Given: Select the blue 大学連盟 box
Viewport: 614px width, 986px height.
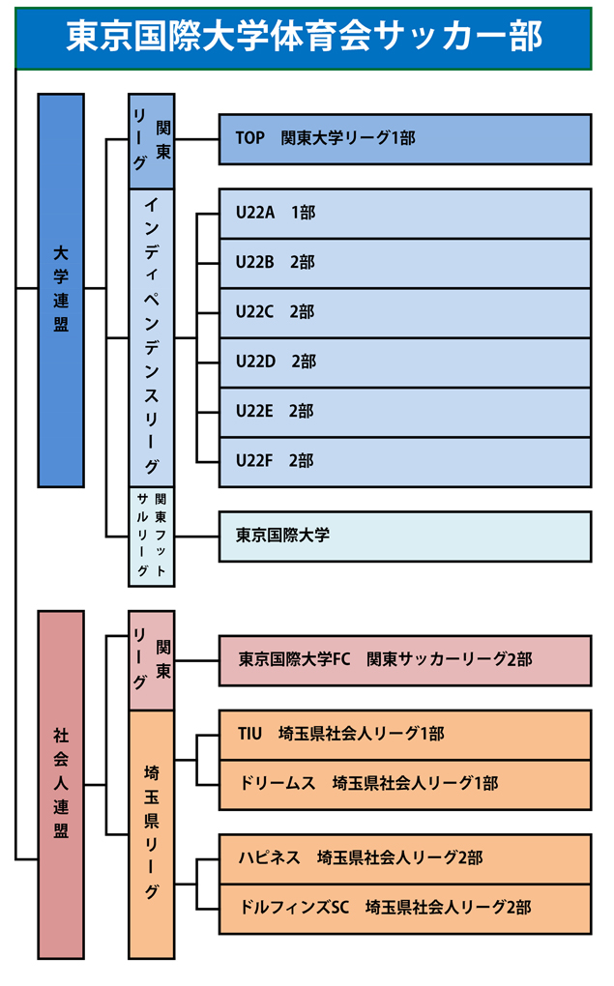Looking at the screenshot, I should tap(61, 290).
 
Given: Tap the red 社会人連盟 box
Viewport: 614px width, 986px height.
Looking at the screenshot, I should tap(61, 783).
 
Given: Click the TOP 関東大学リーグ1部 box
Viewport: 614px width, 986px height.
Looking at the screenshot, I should tap(404, 138).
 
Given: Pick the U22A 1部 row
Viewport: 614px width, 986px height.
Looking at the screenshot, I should tap(404, 213).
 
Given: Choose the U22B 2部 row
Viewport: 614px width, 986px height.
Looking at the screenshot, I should tap(404, 263).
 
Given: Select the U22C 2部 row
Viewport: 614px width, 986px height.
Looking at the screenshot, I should tap(404, 312).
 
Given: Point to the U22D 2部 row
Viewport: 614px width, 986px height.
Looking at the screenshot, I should tap(404, 362).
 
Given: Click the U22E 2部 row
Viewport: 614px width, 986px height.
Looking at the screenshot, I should tap(404, 411).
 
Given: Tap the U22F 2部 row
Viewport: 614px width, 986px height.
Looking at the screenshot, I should tap(404, 461).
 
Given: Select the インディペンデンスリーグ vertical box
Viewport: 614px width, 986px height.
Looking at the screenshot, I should tap(152, 336).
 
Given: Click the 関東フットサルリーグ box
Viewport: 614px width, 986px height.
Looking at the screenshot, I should tap(152, 536).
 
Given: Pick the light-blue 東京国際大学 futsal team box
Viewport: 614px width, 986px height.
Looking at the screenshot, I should tap(404, 536).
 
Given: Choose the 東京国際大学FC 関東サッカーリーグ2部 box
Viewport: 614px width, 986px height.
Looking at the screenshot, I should tap(404, 660).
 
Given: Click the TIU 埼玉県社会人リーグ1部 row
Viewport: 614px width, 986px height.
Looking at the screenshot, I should tap(404, 735).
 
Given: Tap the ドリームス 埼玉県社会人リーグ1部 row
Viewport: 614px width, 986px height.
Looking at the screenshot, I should tap(404, 784).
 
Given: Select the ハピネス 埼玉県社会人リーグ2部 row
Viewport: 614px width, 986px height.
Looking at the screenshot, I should tap(404, 858).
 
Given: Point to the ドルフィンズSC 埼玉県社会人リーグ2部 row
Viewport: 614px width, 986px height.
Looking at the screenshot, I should tap(404, 909).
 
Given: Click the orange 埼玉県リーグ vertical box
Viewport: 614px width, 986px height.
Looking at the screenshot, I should tap(152, 833).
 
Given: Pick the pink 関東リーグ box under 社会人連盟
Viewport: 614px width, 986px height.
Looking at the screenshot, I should tap(152, 660).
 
